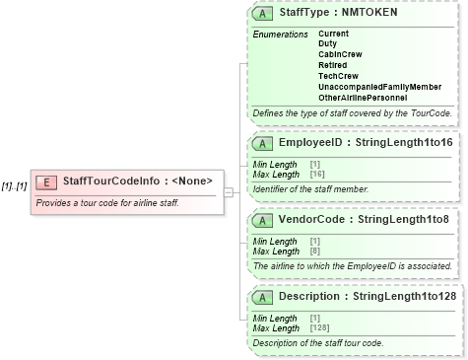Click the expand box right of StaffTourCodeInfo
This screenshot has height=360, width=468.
229,192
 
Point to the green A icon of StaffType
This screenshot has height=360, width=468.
263,14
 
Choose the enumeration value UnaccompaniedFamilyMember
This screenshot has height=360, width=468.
379,87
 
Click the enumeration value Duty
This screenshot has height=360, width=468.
327,42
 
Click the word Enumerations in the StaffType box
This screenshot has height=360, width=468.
280,35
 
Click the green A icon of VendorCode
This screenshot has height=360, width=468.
263,219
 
